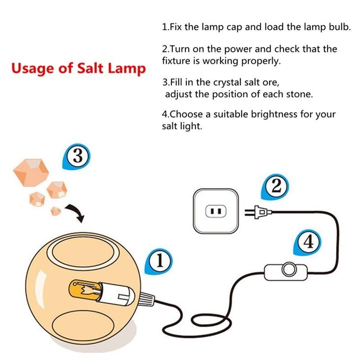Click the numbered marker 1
(x=159, y=261)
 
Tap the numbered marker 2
(x=275, y=187)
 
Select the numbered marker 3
(x=76, y=157)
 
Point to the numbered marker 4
(x=308, y=242)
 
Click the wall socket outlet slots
(x=216, y=211)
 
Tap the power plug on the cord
(x=258, y=212)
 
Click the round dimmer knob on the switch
(x=289, y=269)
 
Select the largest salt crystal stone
(x=31, y=172)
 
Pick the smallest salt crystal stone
(x=55, y=211)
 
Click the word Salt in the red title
(x=90, y=68)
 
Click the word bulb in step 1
(x=340, y=27)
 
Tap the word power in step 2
(x=238, y=49)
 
